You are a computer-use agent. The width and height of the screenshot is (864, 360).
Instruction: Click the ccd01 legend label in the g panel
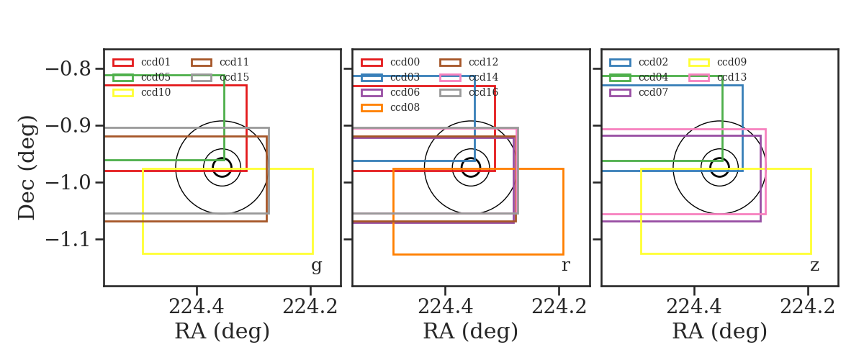pos(156,62)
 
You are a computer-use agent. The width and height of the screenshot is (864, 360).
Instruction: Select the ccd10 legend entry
pos(156,92)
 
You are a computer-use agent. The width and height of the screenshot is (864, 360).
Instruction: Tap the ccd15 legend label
pos(235,77)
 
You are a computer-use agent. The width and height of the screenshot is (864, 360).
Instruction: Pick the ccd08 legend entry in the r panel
pos(405,107)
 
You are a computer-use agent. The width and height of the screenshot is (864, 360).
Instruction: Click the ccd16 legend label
pos(483,92)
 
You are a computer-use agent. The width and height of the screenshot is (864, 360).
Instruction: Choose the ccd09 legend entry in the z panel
pos(732,62)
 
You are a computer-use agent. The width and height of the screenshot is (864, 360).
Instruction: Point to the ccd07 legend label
pos(654,92)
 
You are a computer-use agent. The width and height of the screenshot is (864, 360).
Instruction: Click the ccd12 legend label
pos(483,62)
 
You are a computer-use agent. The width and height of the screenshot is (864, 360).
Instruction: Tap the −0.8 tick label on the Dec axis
pos(68,69)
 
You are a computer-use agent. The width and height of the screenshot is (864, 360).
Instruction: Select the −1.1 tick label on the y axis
pos(68,240)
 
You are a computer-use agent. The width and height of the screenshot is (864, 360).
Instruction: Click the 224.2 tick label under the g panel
pos(310,307)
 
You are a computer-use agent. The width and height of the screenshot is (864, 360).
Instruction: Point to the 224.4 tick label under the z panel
pos(694,307)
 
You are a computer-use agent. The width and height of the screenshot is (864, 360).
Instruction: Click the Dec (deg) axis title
pos(27,168)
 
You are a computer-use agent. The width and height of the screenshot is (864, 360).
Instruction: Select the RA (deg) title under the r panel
pos(471,331)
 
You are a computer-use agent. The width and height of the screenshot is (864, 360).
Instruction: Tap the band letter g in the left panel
pos(316,266)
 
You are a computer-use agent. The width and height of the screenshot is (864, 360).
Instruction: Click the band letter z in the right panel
pos(814,266)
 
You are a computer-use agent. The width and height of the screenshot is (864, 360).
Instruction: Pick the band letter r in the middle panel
pos(565,266)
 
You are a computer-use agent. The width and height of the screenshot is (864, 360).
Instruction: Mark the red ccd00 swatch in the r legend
pos(372,63)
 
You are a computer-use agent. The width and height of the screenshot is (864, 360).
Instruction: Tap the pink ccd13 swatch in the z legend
pos(699,78)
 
